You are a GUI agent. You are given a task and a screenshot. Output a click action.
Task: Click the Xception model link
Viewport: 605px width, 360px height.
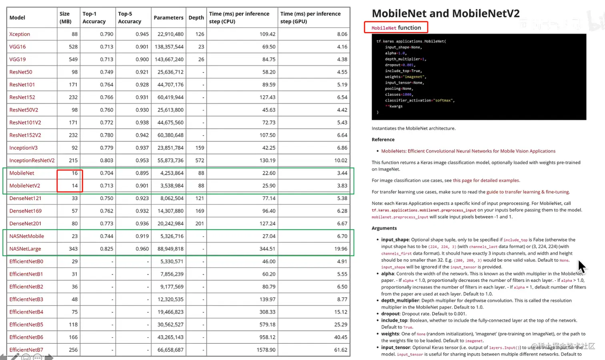coord(20,34)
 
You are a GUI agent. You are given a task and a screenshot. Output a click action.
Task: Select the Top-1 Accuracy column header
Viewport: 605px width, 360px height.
coord(94,18)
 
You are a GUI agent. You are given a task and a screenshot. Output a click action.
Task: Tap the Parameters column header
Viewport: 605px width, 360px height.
coord(168,18)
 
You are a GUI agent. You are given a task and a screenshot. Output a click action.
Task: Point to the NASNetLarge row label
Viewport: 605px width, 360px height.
coord(25,249)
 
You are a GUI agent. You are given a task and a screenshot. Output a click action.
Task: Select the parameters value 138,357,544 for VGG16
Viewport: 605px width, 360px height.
coord(170,47)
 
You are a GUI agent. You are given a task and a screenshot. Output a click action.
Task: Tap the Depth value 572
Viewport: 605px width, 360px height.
coord(199,161)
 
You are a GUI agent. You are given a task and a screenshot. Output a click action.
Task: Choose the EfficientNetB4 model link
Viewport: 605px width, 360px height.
coord(26,312)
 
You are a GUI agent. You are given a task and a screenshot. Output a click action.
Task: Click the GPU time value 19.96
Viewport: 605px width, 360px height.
coord(341,249)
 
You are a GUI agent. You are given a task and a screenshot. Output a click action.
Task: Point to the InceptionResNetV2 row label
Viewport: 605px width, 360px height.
coord(32,161)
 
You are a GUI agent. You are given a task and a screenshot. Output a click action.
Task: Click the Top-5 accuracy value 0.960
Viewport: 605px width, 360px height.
coord(142,249)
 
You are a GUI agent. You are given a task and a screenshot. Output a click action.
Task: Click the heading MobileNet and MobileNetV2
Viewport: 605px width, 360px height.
coord(445,14)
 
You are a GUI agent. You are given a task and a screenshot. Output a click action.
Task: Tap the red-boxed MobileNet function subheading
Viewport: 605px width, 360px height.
coord(396,28)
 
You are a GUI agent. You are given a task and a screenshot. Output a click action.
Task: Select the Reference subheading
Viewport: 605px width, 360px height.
coord(383,140)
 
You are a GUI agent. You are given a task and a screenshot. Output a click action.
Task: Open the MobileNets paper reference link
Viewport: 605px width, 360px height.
coord(468,151)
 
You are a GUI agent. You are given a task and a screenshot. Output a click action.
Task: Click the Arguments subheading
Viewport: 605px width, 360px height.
coord(384,228)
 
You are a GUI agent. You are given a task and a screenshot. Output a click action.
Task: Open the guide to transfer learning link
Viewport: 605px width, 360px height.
coord(528,192)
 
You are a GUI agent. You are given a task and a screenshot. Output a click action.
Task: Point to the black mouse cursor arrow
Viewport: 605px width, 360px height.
coord(581,266)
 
